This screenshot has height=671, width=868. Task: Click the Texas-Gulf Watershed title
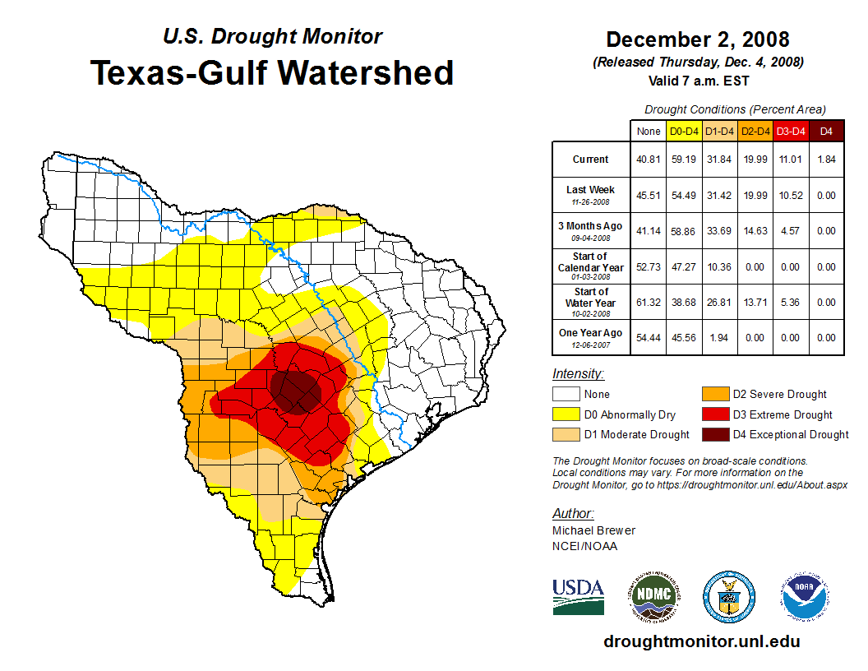pos(271,72)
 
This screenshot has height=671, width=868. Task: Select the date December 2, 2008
pos(697,39)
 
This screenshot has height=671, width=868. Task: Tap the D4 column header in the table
pos(826,131)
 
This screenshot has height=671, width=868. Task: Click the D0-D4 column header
pos(684,131)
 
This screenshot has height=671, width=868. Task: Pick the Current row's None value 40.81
pos(649,160)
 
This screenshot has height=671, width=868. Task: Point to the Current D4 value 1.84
pos(826,160)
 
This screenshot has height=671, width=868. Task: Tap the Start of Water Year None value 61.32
pos(649,303)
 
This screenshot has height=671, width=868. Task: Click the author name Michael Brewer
pos(593,530)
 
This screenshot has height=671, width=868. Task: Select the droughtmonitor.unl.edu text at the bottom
pos(701,641)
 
